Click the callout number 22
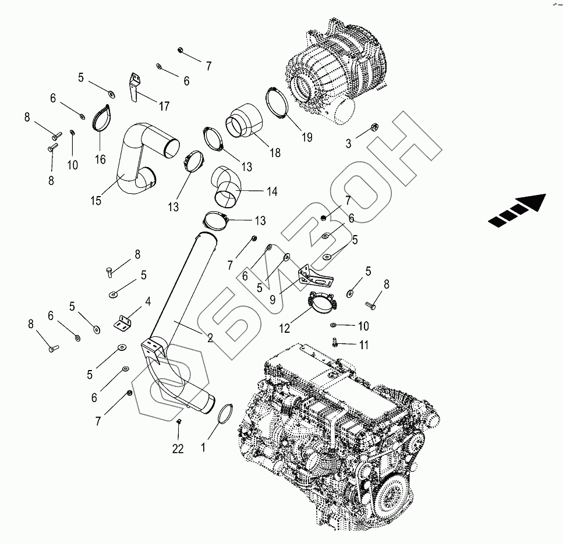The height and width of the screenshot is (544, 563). click(178, 449)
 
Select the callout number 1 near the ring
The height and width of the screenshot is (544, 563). click(203, 448)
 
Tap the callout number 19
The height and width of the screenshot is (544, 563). click(307, 137)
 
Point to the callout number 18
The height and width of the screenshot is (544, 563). click(275, 153)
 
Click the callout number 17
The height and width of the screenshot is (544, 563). click(164, 106)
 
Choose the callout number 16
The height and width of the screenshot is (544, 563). click(100, 159)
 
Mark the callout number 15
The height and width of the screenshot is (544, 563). click(95, 200)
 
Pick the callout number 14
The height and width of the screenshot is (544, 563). click(271, 191)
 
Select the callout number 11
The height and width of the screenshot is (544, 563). click(364, 345)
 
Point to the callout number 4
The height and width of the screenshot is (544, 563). click(148, 301)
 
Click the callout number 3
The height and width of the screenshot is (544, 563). click(348, 143)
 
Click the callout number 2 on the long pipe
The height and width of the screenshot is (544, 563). click(209, 337)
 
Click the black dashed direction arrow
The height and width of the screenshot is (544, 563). click(517, 210)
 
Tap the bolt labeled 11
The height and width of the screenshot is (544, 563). click(336, 342)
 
